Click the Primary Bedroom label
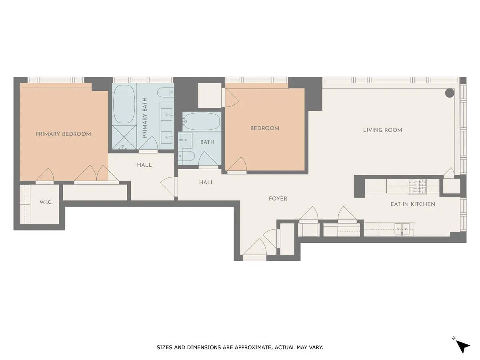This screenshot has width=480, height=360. coord(63,134)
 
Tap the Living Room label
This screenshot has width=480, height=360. coord(382,130)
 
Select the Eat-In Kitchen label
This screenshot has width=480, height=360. coord(413,204)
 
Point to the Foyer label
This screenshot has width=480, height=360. coord(278,199)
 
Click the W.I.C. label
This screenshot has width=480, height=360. coord(46,202)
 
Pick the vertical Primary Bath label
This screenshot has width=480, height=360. coord(145,118)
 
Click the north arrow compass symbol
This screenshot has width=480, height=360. coord(462,346)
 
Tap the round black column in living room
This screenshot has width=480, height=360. coord(450,93)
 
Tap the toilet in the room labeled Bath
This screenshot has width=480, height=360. coord(187,157)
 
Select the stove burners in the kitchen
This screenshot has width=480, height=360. coord(417,184)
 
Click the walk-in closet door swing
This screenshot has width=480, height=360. coord(45,176)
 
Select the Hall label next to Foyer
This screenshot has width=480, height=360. coord(206,182)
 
